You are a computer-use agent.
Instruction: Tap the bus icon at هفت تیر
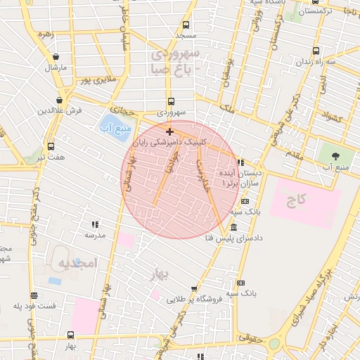point(51,146)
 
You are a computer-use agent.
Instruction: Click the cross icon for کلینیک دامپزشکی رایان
point(169,131)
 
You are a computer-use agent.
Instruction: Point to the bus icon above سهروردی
point(171,101)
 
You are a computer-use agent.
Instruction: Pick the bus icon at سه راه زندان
point(316,51)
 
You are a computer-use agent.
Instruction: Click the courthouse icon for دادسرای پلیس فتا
point(233,227)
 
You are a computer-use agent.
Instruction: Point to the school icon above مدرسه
point(94,224)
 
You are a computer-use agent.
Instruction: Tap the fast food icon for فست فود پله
point(34,295)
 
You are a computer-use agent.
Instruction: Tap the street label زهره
point(46,34)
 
